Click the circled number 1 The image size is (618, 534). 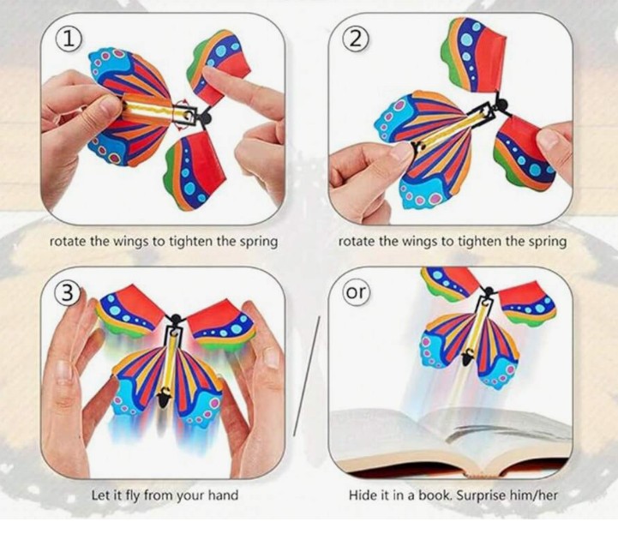[69, 40]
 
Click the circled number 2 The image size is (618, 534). [356, 39]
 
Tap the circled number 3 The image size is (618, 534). [68, 293]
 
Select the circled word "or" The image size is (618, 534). [356, 292]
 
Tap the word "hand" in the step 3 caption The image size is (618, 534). [223, 495]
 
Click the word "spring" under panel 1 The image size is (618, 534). [259, 242]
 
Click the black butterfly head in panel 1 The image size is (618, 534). [206, 117]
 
